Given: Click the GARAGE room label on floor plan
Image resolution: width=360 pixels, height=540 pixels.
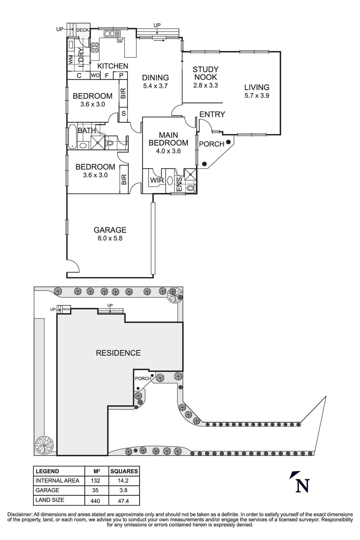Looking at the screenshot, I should click(x=110, y=230).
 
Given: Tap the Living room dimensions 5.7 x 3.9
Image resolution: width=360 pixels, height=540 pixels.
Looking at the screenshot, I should click(x=257, y=96).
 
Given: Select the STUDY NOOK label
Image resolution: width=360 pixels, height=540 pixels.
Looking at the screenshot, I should click(x=205, y=73).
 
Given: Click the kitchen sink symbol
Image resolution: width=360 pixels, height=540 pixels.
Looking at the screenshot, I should click(x=112, y=33).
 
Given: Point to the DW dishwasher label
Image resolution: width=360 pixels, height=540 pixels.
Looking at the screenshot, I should click(x=119, y=42).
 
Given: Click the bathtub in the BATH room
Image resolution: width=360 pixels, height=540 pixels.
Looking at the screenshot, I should click(x=72, y=137).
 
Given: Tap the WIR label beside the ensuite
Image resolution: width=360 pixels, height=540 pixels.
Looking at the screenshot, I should click(x=157, y=180).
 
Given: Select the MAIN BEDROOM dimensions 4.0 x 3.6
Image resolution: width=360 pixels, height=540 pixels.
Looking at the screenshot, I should click(x=168, y=151).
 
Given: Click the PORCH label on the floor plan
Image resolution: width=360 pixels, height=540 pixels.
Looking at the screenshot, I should click(x=212, y=144).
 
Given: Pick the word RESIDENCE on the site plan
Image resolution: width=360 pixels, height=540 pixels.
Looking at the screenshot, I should click(x=118, y=353).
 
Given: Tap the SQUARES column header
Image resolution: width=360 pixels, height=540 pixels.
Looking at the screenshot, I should click(x=124, y=471).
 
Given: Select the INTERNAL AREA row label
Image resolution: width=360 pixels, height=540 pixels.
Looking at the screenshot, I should click(x=57, y=481).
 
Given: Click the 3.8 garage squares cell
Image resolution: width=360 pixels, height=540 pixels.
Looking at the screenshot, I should click(x=124, y=490).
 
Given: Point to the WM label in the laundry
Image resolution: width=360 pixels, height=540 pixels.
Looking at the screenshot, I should click(x=71, y=60).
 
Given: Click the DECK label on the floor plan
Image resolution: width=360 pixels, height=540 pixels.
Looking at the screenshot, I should click(x=82, y=30).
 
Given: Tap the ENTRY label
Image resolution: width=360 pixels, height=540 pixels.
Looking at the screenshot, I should click(x=212, y=114).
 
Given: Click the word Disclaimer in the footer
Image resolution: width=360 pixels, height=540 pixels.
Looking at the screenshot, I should click(x=19, y=514).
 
